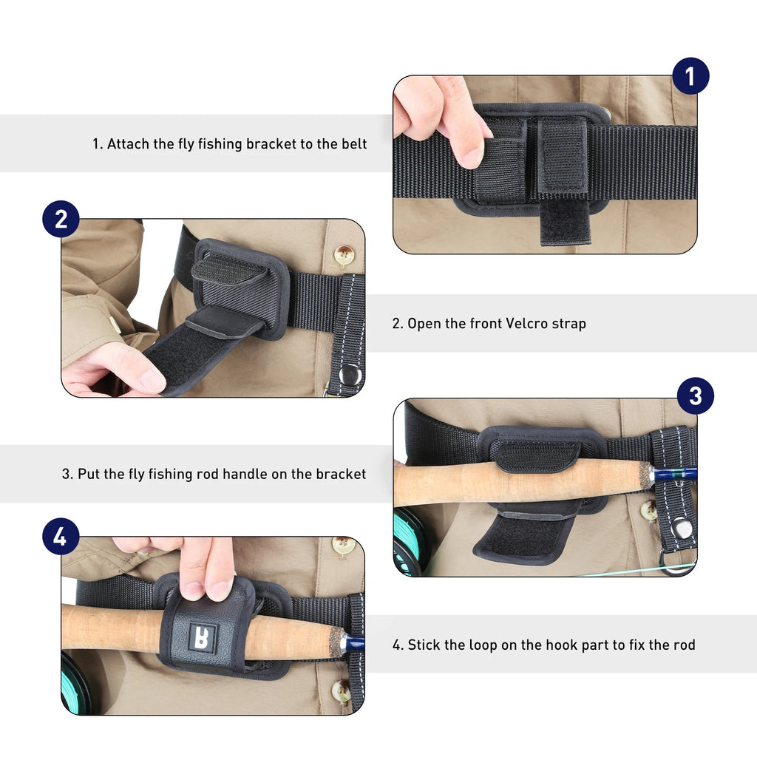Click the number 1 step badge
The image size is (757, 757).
[690, 76]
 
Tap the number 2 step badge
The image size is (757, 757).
[61, 219]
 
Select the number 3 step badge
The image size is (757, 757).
[695, 396]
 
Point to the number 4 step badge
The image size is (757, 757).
[61, 537]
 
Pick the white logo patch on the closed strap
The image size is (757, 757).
[201, 637]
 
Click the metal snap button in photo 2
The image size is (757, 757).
[350, 373]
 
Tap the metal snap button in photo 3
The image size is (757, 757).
[682, 528]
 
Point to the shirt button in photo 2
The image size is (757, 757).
[344, 255]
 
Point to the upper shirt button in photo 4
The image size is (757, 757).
[343, 546]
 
